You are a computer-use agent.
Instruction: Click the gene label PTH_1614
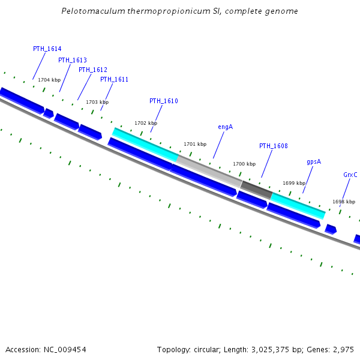click(47, 49)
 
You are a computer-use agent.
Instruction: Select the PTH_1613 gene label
click(73, 60)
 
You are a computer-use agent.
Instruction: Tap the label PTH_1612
click(93, 70)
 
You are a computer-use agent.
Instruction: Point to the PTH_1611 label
click(114, 79)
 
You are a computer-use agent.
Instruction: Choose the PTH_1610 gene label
click(164, 101)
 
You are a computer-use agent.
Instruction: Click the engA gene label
click(225, 127)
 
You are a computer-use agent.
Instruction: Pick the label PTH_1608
click(274, 146)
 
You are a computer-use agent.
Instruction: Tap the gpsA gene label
click(314, 162)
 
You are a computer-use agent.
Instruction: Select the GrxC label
click(350, 175)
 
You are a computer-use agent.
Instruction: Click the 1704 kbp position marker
click(49, 80)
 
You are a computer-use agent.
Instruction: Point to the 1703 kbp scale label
click(97, 102)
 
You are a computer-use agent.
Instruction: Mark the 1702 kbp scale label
click(146, 123)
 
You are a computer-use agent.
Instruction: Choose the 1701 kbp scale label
click(195, 144)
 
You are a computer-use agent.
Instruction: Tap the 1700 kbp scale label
click(244, 164)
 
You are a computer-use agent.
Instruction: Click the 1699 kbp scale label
click(294, 183)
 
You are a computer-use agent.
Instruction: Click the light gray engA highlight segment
click(209, 168)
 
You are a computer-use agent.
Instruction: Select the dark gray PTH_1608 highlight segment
click(256, 189)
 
